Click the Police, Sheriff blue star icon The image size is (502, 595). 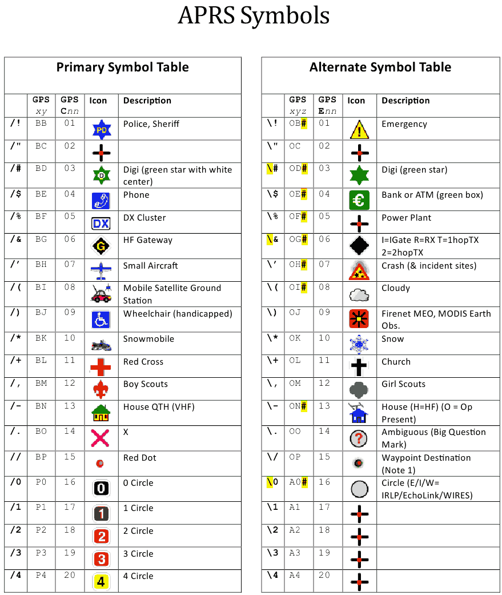click(x=101, y=130)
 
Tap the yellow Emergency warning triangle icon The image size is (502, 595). click(x=359, y=130)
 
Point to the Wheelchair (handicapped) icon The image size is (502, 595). click(x=101, y=320)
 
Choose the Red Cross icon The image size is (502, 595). click(x=101, y=366)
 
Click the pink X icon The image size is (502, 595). click(x=101, y=438)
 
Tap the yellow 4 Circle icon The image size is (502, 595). click(x=101, y=582)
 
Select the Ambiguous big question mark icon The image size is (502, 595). click(x=359, y=438)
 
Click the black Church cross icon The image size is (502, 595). click(x=359, y=366)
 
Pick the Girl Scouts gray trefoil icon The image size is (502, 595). click(x=359, y=389)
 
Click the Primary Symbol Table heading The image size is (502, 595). click(x=122, y=67)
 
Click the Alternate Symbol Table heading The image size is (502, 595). click(x=380, y=67)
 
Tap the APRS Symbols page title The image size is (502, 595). click(x=254, y=15)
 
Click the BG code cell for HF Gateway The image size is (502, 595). click(x=41, y=239)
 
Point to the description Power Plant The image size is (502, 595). click(x=406, y=218)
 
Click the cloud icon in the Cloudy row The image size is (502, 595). click(x=359, y=294)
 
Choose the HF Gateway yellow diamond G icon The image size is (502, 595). click(x=101, y=246)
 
